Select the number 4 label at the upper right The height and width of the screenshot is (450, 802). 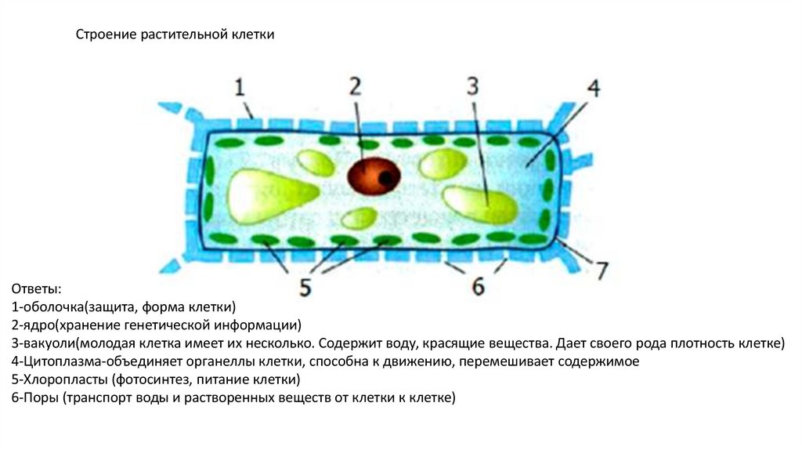click(x=593, y=88)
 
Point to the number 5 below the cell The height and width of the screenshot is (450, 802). click(x=304, y=286)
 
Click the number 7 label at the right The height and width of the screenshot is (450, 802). click(x=601, y=270)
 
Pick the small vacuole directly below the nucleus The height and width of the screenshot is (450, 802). click(x=359, y=217)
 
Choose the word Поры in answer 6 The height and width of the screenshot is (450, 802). click(x=38, y=397)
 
